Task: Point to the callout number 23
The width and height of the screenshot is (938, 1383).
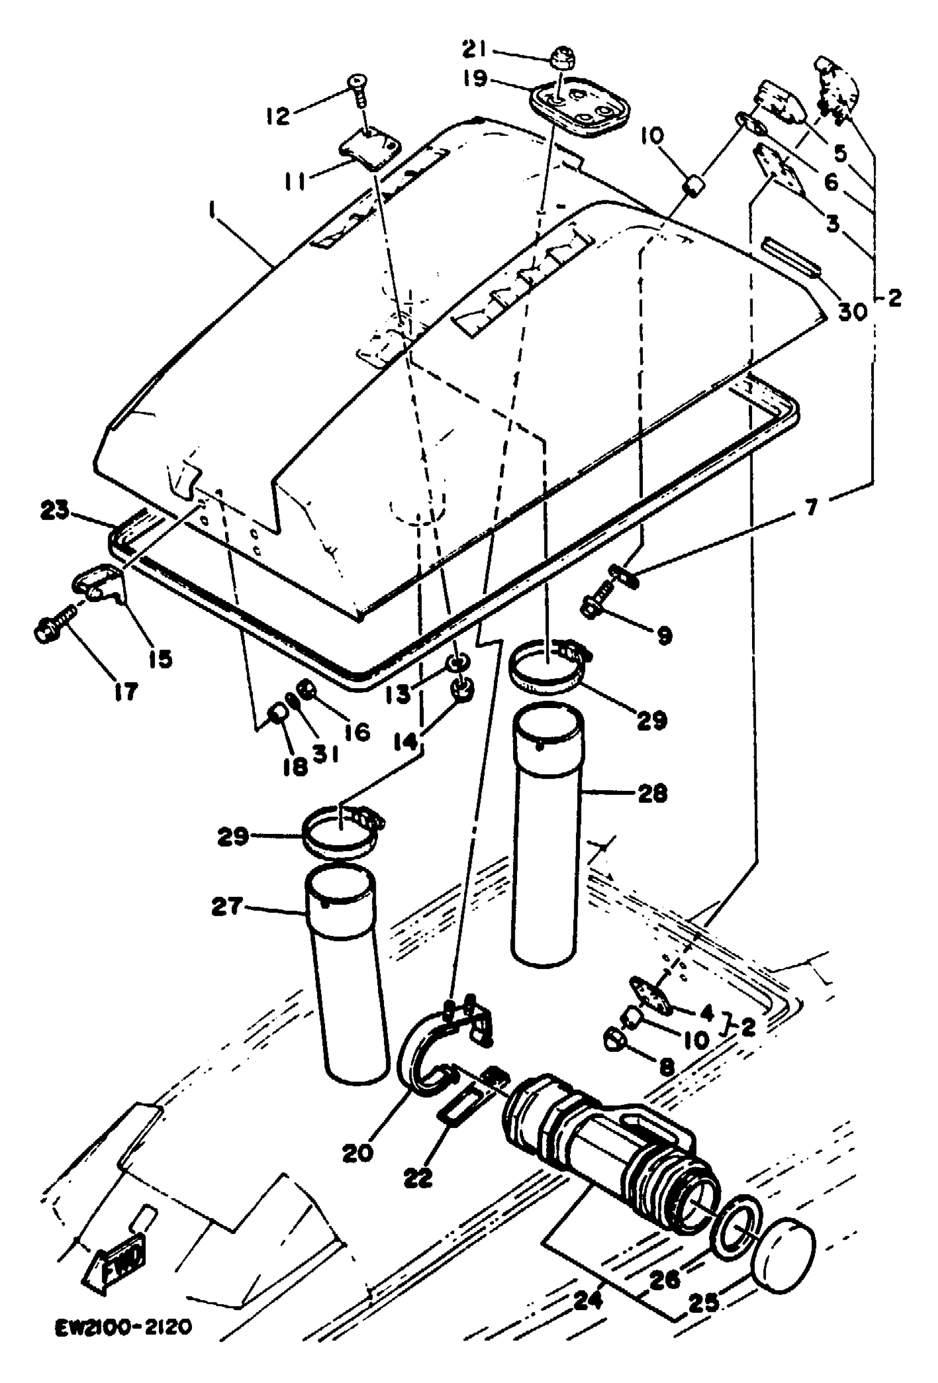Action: [55, 509]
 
